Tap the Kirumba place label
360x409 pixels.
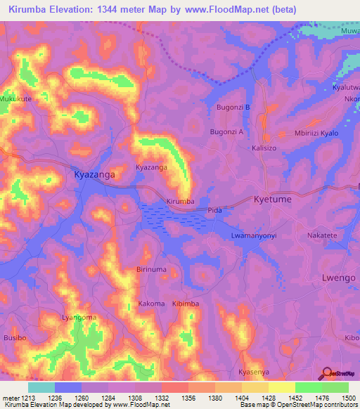click(x=179, y=202)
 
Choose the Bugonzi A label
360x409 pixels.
click(x=226, y=131)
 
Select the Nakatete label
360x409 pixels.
click(x=323, y=237)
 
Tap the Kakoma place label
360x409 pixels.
click(x=151, y=304)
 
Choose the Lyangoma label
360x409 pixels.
click(x=79, y=318)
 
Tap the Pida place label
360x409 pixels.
click(x=215, y=210)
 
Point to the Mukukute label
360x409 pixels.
click(x=16, y=100)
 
